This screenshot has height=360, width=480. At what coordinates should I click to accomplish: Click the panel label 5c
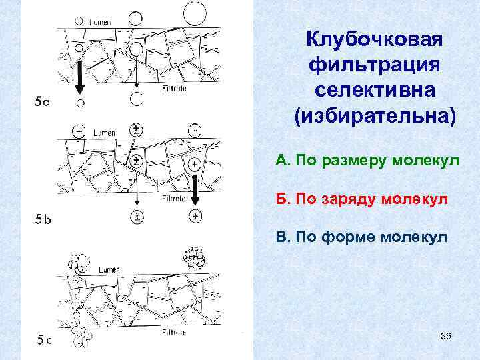tap(44, 340)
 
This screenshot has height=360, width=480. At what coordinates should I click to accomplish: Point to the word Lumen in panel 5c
tap(109, 269)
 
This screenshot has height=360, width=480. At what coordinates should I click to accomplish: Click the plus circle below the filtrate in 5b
tap(195, 215)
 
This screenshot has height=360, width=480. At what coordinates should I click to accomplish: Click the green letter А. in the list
tap(281, 161)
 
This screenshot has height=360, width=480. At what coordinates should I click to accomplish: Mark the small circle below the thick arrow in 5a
tap(80, 103)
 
